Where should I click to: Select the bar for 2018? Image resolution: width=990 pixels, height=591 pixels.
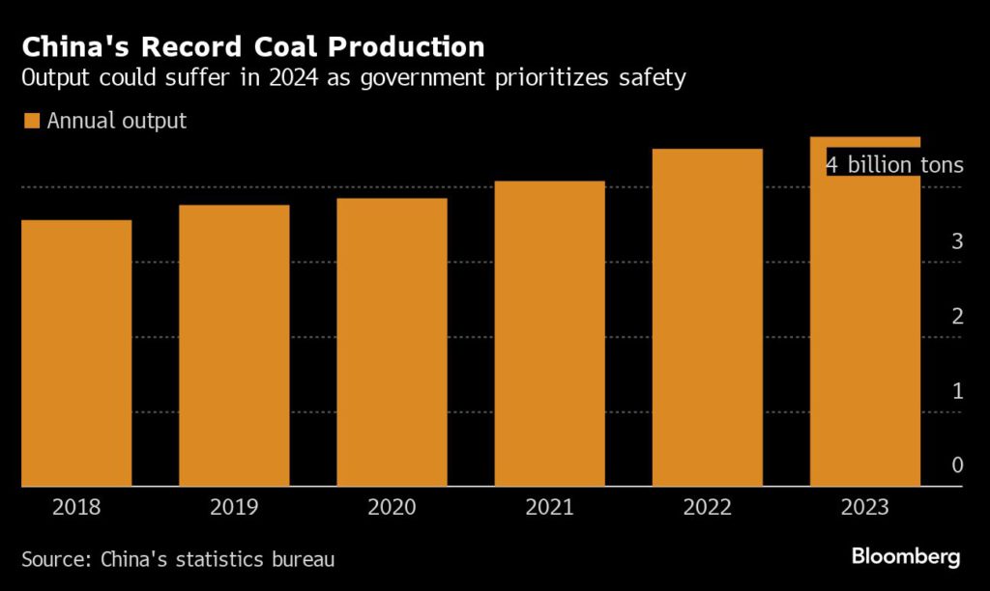click(x=76, y=353)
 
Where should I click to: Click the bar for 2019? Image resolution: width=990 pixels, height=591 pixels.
click(x=234, y=346)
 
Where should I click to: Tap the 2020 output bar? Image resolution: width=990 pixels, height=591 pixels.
click(x=392, y=343)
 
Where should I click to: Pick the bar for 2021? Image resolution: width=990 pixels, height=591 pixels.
click(x=549, y=334)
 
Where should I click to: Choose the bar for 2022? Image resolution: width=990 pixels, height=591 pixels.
click(x=707, y=318)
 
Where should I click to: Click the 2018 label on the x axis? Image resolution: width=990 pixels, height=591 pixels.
click(x=76, y=507)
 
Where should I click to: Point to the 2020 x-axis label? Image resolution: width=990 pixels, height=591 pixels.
click(x=392, y=507)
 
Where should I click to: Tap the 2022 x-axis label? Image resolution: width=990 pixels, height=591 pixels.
click(x=707, y=507)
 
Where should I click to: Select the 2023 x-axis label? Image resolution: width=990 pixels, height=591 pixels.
click(x=864, y=507)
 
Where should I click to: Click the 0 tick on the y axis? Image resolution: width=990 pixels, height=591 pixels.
click(x=956, y=465)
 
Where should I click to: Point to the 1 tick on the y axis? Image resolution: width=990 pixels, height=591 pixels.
click(x=956, y=391)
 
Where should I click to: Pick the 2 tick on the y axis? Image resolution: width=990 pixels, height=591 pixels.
click(x=956, y=317)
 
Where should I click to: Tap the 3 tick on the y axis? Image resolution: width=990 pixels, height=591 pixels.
click(x=956, y=241)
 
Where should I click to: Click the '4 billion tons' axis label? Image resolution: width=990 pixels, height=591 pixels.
click(x=894, y=165)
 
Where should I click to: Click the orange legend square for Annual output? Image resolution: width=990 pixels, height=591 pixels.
click(x=30, y=122)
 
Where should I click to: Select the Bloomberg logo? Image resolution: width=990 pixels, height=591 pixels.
click(x=906, y=556)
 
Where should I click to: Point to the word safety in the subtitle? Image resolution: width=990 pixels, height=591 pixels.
click(x=655, y=78)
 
